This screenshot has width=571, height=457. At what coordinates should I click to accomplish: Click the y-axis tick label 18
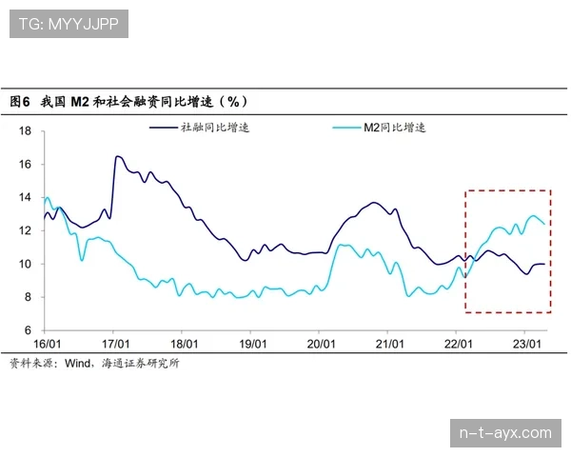pyautogui.click(x=26, y=131)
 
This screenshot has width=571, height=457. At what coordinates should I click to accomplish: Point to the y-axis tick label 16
pyautogui.click(x=26, y=165)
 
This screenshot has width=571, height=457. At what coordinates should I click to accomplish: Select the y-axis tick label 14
pyautogui.click(x=26, y=198)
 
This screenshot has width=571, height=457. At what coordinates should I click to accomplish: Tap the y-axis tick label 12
pyautogui.click(x=26, y=231)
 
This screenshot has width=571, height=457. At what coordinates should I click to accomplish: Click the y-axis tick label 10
pyautogui.click(x=26, y=265)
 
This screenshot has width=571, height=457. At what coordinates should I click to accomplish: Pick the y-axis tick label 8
pyautogui.click(x=29, y=297)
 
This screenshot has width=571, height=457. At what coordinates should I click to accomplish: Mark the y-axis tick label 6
pyautogui.click(x=29, y=330)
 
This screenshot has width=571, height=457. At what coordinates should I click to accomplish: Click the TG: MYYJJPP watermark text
pyautogui.click(x=68, y=25)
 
